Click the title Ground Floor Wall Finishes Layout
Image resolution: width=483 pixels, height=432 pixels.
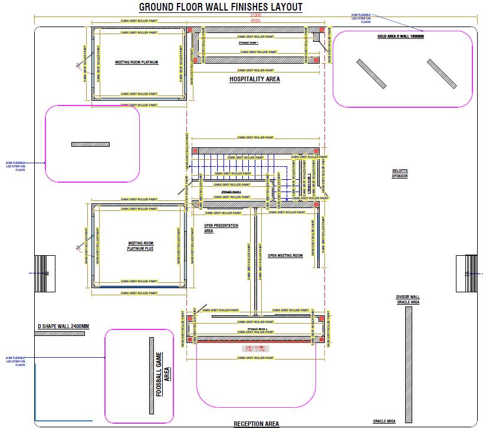point(221,7)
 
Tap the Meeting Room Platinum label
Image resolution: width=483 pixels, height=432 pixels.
point(137,62)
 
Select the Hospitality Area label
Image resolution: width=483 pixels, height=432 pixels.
point(254,79)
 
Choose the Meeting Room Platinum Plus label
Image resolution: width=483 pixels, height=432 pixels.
point(140,245)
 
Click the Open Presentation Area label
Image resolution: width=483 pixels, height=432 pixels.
point(221,228)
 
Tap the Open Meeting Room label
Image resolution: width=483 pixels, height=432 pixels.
point(285,256)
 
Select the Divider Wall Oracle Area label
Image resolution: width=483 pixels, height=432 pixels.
point(408,299)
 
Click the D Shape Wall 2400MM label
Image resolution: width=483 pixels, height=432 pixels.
point(63,327)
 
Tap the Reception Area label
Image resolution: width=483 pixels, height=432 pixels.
point(256,424)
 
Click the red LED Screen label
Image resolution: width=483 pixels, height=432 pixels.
point(256,348)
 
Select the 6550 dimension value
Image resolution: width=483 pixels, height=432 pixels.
point(256,21)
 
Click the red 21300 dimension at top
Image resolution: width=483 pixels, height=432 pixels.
point(256,15)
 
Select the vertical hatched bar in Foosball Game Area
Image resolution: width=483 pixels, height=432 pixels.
point(151,375)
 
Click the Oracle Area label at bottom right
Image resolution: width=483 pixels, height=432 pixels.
point(384,421)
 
